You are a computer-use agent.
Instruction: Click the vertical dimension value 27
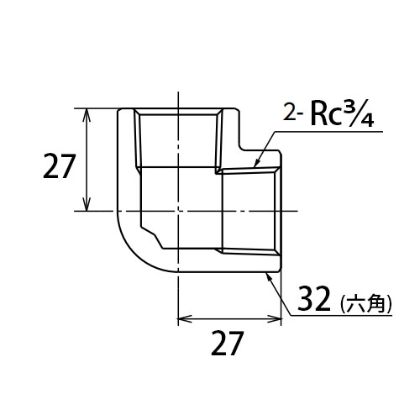[59, 166]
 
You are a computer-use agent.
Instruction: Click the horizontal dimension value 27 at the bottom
[227, 343]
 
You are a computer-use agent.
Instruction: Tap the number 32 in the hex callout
[314, 299]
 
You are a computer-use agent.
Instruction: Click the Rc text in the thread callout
[325, 115]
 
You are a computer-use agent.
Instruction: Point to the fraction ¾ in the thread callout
[357, 116]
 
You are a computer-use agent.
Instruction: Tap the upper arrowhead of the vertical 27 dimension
[87, 115]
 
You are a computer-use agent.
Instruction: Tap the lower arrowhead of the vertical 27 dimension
[87, 204]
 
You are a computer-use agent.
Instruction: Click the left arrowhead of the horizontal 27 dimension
[185, 318]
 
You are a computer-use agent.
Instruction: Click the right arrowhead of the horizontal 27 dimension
[274, 318]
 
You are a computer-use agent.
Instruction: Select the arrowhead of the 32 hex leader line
[269, 278]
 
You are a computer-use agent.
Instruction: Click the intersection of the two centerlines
[178, 211]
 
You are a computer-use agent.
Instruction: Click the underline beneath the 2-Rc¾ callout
[328, 131]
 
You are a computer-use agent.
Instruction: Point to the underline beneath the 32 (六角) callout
[342, 316]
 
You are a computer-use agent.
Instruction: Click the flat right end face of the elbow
[281, 211]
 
